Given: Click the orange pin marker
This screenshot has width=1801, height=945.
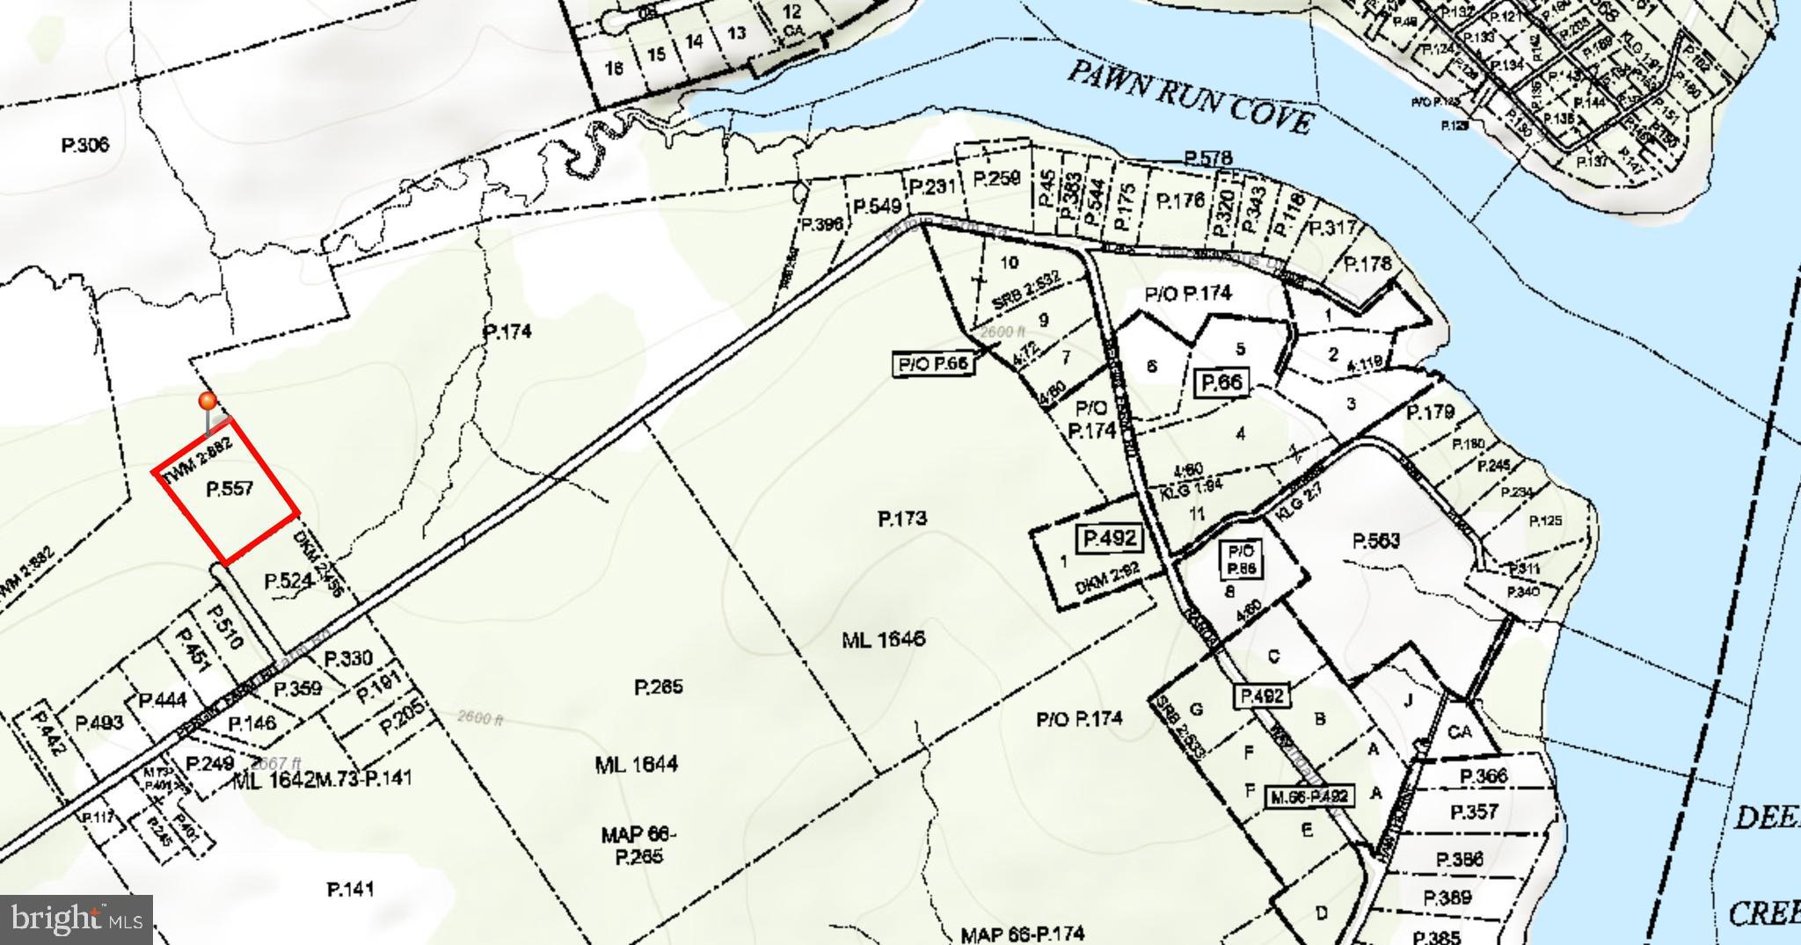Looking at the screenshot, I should tap(208, 402).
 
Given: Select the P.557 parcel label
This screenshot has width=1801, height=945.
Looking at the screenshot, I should tap(230, 489).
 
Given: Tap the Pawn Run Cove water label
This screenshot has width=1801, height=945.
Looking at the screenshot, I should tap(1191, 98).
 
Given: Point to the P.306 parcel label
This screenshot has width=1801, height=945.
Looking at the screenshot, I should tap(85, 144).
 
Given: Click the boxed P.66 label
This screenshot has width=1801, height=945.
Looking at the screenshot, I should tap(1223, 382).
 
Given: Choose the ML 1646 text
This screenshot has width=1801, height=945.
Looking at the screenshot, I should tap(883, 639).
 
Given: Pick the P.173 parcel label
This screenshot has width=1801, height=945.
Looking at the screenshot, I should tap(902, 519).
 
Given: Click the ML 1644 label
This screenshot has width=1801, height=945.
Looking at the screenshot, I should tap(636, 764).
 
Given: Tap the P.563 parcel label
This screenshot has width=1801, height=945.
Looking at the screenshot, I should tap(1376, 541).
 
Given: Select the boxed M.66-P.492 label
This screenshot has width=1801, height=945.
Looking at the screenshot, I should tap(1309, 797).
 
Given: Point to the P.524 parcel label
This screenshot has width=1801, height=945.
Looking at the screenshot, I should tap(289, 581).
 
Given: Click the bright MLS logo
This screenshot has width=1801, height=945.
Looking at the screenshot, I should tap(77, 920).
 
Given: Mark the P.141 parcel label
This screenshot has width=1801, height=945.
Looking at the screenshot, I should tap(350, 890).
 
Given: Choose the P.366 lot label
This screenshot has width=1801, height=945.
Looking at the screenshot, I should tap(1484, 776).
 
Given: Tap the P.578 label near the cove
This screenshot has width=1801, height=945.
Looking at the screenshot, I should tap(1207, 158).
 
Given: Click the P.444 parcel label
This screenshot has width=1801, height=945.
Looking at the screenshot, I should tap(163, 700).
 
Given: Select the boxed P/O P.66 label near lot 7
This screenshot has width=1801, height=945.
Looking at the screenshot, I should tap(933, 364).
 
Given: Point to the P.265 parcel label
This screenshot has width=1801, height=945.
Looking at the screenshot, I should tap(659, 687).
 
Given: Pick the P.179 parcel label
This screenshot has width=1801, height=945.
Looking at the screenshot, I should tap(1431, 411).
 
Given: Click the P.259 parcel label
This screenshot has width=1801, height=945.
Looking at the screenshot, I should tap(996, 178).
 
